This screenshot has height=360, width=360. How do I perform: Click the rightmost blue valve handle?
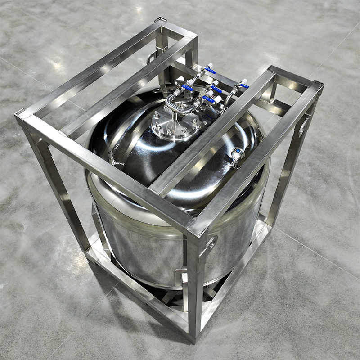pyautogui.click(x=244, y=85)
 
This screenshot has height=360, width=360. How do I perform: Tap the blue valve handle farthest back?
pyautogui.click(x=210, y=70)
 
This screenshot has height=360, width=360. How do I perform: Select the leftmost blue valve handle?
pyautogui.click(x=188, y=88)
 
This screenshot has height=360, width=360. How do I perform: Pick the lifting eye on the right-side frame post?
pyautogui.click(x=303, y=126)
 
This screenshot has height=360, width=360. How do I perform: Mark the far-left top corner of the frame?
pyautogui.click(x=20, y=116)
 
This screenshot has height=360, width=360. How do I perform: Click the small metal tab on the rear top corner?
pyautogui.click(x=160, y=20)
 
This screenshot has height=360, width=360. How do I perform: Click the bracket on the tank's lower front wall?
pyautogui.click(x=181, y=275)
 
